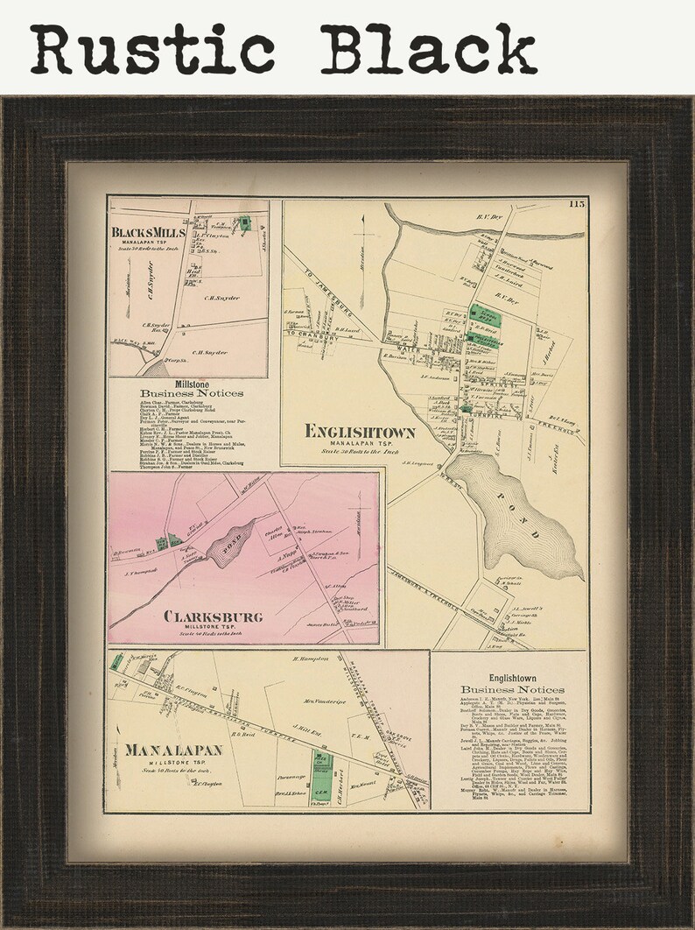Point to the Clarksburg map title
point(213,616)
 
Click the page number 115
point(576,204)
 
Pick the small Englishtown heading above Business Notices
point(511,678)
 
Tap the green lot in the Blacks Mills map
point(245,224)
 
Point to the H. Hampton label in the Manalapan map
point(310,659)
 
